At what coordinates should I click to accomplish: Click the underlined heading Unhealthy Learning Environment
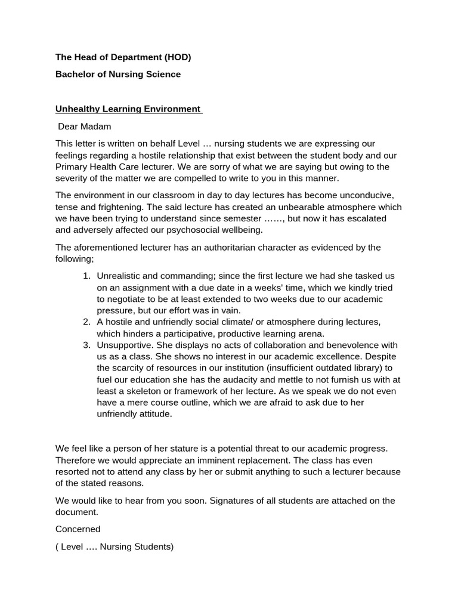coord(128,109)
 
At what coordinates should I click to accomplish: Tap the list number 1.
coord(86,276)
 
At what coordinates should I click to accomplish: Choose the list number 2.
coord(86,322)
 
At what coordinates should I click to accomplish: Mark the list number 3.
coord(86,345)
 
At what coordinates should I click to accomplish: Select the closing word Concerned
coord(78,529)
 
